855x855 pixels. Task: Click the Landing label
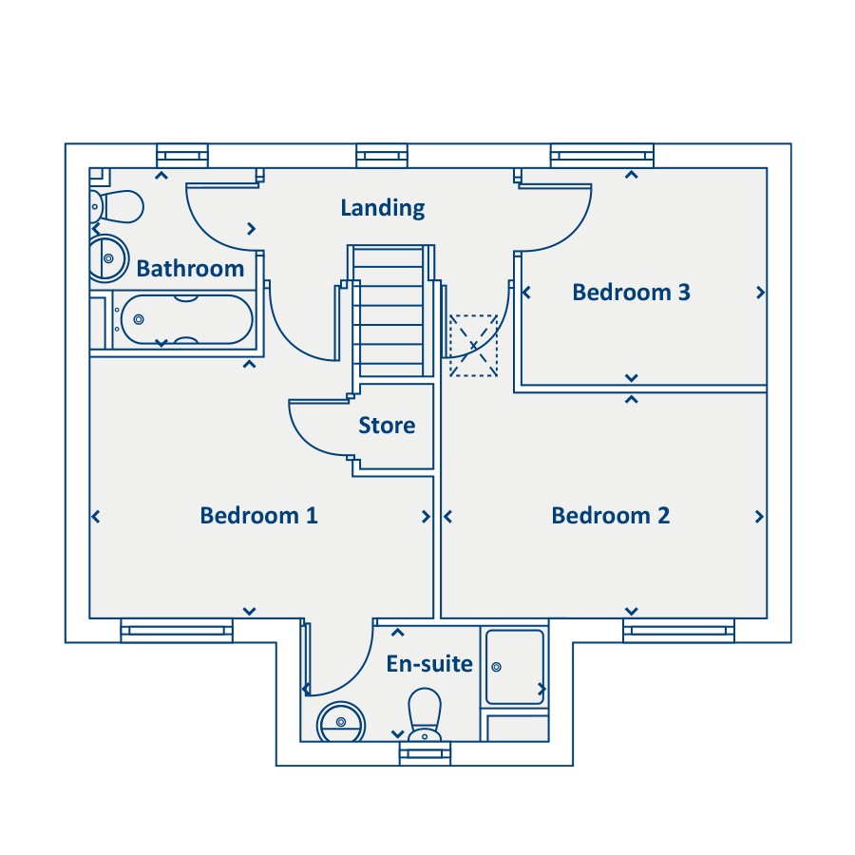(x=383, y=207)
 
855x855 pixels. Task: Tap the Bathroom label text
(x=190, y=269)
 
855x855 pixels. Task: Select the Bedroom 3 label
(x=631, y=293)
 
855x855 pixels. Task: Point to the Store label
(x=387, y=426)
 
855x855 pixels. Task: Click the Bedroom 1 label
(x=258, y=516)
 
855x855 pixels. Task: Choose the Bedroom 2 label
(x=610, y=516)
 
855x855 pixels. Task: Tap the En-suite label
(x=429, y=664)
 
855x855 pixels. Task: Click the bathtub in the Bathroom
(x=186, y=320)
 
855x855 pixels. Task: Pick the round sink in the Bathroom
(x=108, y=256)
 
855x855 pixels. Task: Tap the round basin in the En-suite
(x=339, y=723)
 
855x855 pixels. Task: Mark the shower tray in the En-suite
(x=515, y=667)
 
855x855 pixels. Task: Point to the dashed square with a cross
(x=473, y=346)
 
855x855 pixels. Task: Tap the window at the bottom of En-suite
(x=424, y=754)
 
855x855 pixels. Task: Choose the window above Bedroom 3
(x=601, y=155)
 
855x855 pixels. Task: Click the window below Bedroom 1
(x=177, y=630)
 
